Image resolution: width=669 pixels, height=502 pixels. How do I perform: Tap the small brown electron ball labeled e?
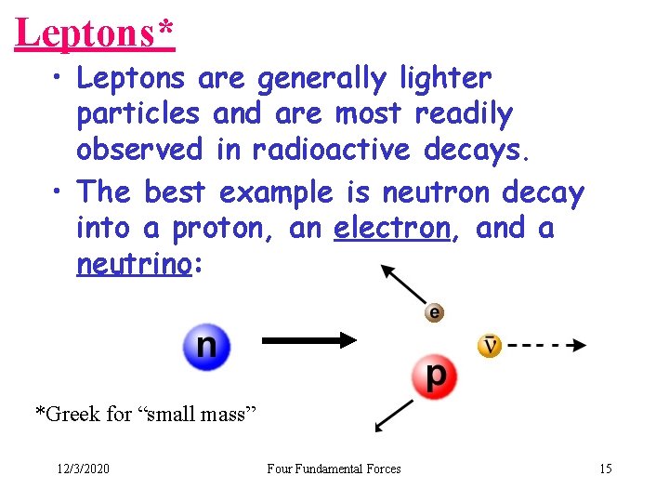(434, 312)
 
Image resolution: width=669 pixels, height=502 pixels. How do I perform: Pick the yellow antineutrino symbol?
(490, 346)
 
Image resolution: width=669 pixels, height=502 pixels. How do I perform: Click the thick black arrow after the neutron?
(309, 341)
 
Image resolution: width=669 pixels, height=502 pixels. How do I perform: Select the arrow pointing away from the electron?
(402, 284)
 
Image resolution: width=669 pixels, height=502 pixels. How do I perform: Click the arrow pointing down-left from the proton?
(394, 416)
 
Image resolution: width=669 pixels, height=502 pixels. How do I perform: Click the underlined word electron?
(391, 228)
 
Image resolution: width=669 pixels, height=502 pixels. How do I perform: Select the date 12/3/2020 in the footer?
(82, 469)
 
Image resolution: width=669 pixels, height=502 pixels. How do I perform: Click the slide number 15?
(605, 469)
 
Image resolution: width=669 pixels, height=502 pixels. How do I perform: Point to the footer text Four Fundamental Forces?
(334, 469)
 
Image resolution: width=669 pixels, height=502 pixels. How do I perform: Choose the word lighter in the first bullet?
(445, 79)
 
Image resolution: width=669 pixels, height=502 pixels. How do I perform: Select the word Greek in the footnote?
(72, 414)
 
